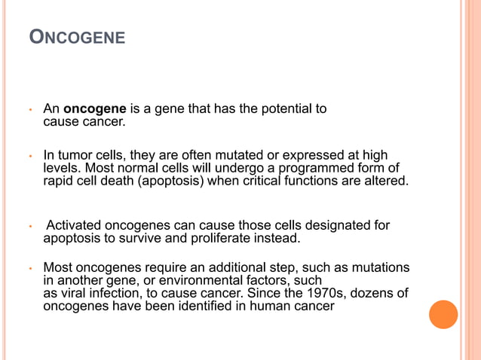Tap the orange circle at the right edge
click(443, 314)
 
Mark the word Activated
click(74, 226)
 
